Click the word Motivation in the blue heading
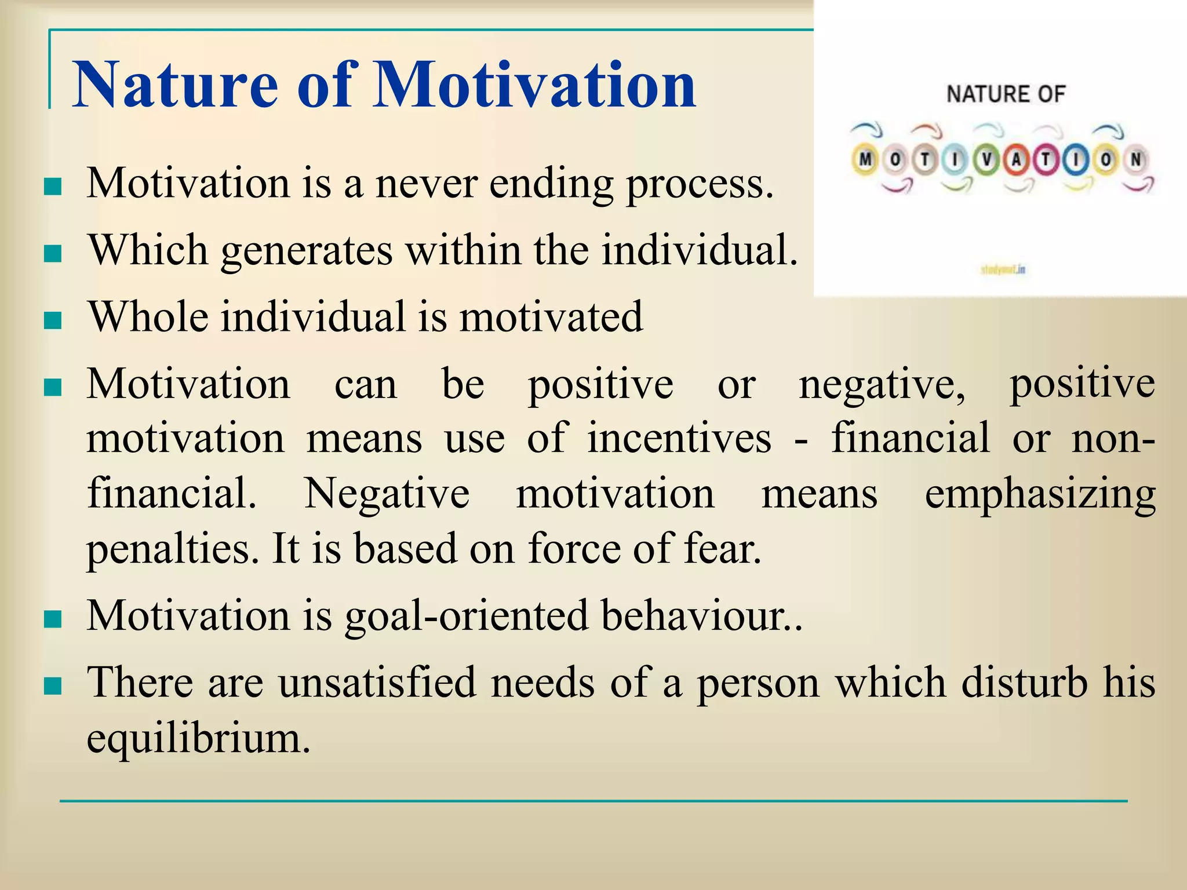tap(534, 85)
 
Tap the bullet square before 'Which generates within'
tap(53, 253)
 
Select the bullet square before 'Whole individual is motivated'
tap(53, 320)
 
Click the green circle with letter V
tap(986, 160)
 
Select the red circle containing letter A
tap(1016, 160)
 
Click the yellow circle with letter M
tap(865, 159)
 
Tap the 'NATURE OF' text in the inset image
tap(1006, 94)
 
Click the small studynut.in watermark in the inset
tap(1003, 269)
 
